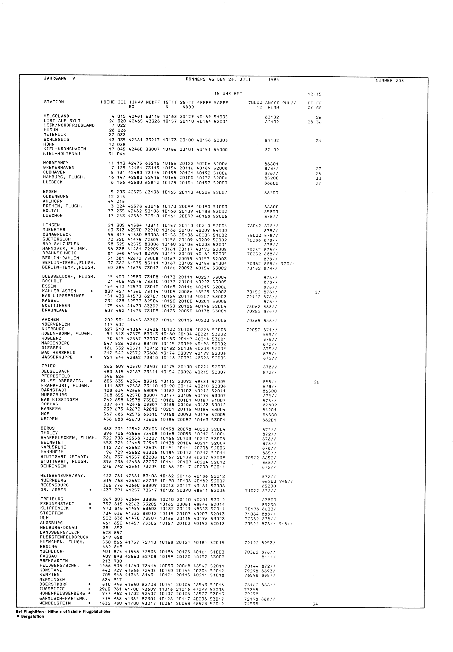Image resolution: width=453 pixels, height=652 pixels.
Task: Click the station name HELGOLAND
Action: [56, 116]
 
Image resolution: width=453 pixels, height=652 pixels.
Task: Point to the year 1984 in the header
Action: [274, 80]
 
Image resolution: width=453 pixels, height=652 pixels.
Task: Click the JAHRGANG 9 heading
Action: [60, 79]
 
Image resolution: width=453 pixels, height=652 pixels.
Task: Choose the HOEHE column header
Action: [108, 102]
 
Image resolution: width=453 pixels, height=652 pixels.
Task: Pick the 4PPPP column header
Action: [204, 103]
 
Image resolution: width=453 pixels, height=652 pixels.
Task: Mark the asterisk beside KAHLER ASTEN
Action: [92, 291]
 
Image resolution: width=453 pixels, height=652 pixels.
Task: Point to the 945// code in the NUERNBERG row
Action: [286, 481]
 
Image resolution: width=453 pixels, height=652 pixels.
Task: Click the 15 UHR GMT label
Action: [228, 94]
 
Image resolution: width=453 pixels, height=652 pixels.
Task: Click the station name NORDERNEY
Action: [56, 163]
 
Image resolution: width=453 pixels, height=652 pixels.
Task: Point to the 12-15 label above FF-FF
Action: [314, 94]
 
